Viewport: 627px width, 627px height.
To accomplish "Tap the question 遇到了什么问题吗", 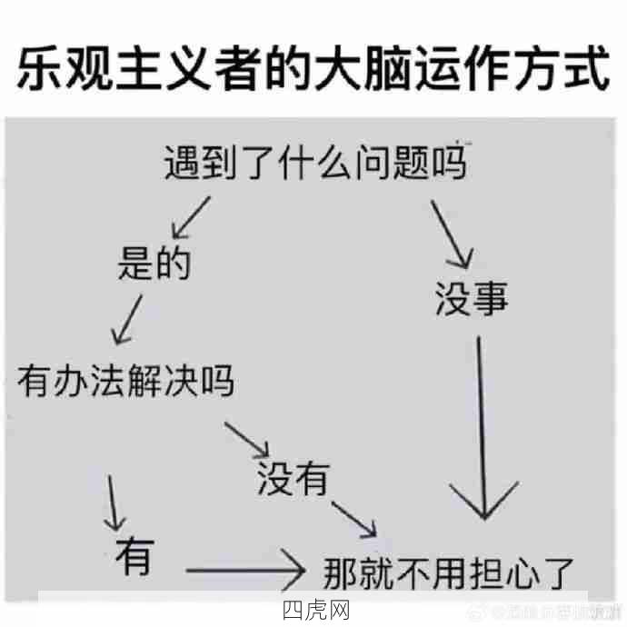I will click(x=314, y=164).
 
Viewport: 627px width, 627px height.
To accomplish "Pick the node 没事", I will click(x=471, y=297).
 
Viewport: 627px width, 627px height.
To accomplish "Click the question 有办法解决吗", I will click(x=125, y=380).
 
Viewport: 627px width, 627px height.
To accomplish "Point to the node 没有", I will click(x=292, y=479).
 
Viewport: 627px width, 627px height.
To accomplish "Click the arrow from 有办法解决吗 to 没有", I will click(x=248, y=439).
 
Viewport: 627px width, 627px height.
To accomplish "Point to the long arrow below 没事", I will click(x=483, y=427).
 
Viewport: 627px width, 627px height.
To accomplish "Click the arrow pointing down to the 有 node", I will click(x=114, y=503).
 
